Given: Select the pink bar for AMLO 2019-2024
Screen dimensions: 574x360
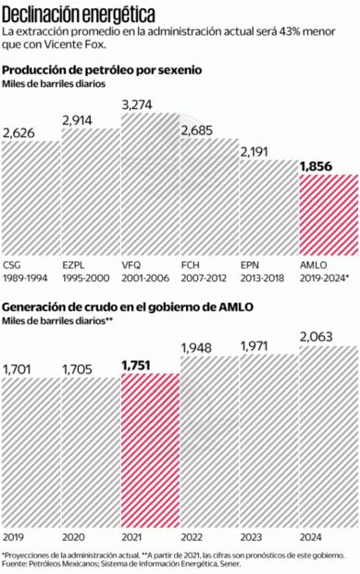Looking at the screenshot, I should click(x=328, y=211).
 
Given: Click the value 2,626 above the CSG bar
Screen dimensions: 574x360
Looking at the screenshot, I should click(x=20, y=132).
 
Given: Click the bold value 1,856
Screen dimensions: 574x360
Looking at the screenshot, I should click(x=317, y=166).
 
